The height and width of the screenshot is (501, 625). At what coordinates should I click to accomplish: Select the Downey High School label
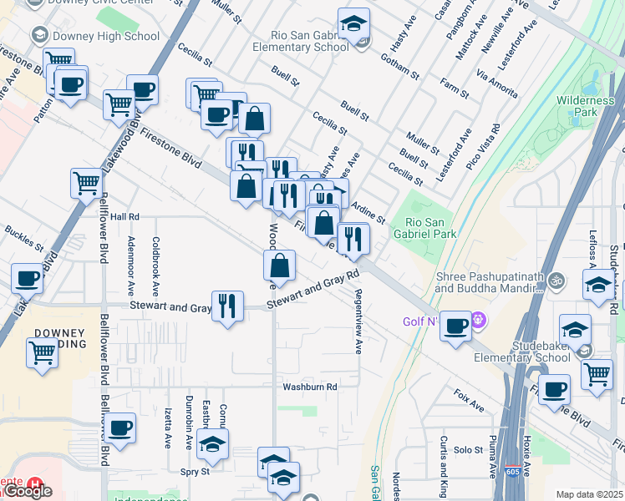click(x=105, y=36)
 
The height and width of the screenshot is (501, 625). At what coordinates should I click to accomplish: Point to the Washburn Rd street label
click(x=309, y=387)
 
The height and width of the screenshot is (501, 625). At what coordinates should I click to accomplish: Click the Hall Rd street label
click(x=124, y=216)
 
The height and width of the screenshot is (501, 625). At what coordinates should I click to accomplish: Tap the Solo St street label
click(x=464, y=450)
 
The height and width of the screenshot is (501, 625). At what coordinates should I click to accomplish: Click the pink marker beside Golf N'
click(x=478, y=318)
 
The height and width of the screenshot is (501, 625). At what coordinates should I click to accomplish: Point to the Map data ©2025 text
click(x=589, y=494)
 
